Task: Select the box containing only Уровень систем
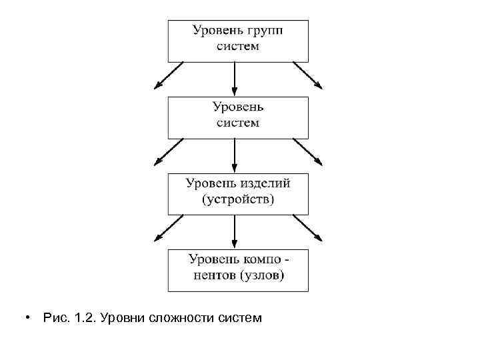237,117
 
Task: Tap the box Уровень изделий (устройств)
237,194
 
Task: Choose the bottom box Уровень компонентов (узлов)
237,270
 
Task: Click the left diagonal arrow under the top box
167,76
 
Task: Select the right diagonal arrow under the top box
309,76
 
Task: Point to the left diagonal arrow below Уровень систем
167,153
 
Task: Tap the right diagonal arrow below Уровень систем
309,153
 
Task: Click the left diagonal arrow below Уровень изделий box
167,229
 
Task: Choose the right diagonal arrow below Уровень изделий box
309,229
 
